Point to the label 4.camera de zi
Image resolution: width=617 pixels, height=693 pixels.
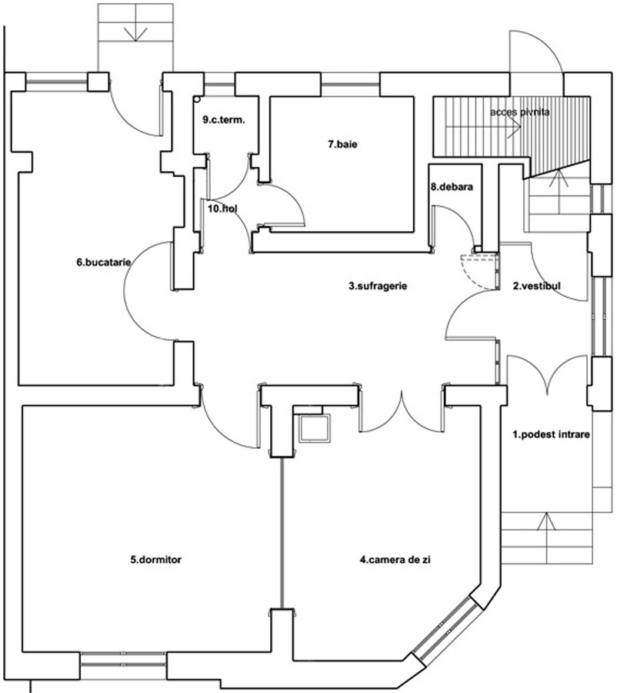(394, 560)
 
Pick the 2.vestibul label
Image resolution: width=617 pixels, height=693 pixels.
(537, 286)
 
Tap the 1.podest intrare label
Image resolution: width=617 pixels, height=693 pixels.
(551, 434)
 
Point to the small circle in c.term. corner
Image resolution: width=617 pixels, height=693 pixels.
(198, 99)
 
